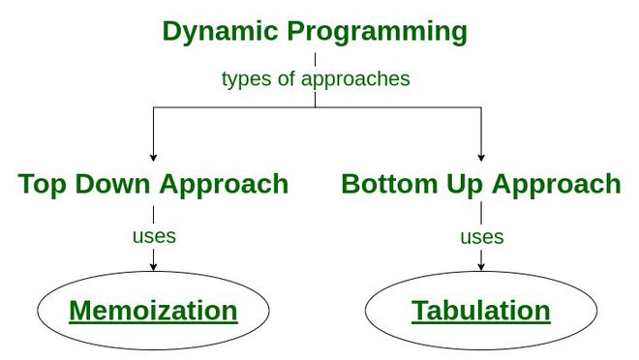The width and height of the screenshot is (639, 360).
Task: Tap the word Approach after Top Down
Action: [x=224, y=185]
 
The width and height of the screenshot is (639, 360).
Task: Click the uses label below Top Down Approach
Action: [x=154, y=235]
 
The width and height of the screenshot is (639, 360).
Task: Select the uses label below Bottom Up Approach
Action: [x=481, y=236]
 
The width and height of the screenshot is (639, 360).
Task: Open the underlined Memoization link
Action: [x=153, y=311]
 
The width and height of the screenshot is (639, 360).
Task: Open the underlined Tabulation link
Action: [x=481, y=311]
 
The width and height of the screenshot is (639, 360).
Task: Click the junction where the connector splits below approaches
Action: [x=315, y=106]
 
